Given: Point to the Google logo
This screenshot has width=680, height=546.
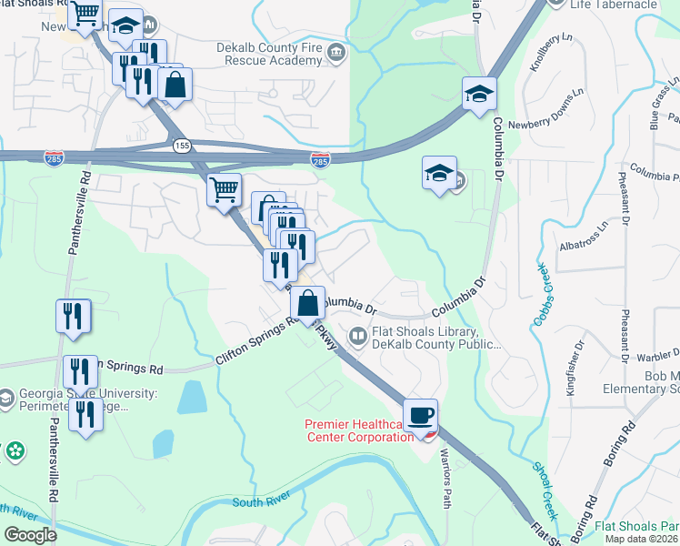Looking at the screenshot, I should [30, 534].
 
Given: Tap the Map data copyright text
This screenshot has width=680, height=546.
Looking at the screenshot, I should [641, 539].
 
